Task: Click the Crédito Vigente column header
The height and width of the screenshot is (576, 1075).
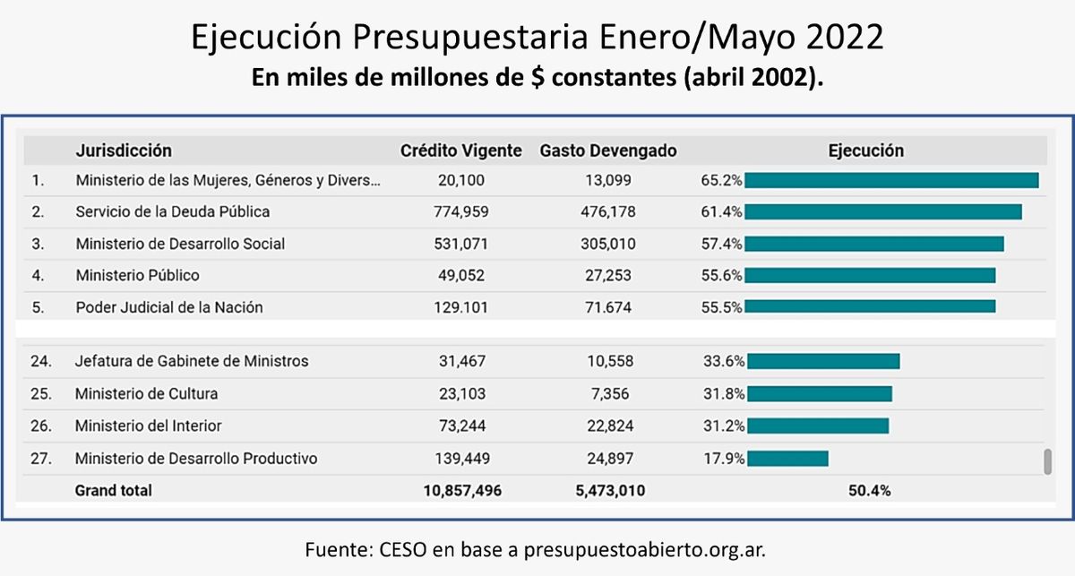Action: coord(460,150)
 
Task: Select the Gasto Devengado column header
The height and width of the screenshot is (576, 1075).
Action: coord(608,150)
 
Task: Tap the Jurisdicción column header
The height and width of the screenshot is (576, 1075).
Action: coord(124,150)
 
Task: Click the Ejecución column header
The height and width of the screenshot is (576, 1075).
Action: coord(866,150)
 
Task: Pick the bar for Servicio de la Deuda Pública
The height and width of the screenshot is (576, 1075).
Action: coord(882,212)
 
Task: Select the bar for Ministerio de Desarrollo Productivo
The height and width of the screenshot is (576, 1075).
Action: coord(787,459)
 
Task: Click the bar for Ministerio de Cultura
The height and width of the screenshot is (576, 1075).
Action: coord(820,394)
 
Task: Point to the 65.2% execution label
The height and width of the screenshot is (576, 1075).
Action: coord(721,181)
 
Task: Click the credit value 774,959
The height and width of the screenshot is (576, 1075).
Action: coord(460,212)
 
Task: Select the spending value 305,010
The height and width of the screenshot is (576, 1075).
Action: coord(608,244)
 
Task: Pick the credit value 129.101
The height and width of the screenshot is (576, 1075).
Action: coord(460,307)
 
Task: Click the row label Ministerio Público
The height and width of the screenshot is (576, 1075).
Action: coord(137,275)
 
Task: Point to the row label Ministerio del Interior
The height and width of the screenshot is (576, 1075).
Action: coord(148,426)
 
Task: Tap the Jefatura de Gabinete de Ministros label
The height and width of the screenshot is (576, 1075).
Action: coord(192,361)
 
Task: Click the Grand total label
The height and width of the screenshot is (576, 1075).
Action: coord(114,490)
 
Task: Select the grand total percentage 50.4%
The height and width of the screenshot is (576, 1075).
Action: coord(866,490)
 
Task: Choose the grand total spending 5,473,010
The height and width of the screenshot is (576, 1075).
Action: coord(608,490)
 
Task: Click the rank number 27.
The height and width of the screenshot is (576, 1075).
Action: coord(40,459)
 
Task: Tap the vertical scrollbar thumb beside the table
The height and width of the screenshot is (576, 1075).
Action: coord(1046,461)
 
